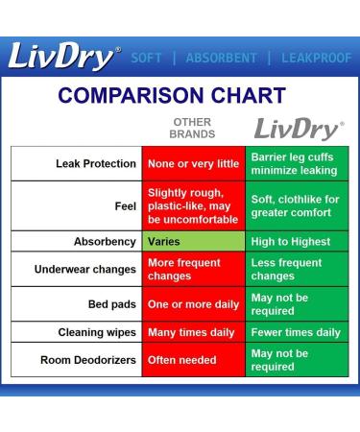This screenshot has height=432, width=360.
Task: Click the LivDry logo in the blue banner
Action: pyautogui.click(x=65, y=58)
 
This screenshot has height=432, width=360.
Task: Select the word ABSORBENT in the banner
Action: pyautogui.click(x=223, y=58)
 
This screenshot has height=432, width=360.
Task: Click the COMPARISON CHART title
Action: pyautogui.click(x=172, y=95)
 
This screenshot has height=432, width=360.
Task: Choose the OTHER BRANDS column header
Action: pyautogui.click(x=192, y=129)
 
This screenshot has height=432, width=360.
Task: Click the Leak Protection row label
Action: pyautogui.click(x=96, y=164)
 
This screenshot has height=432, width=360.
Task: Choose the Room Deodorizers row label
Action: pyautogui.click(x=88, y=360)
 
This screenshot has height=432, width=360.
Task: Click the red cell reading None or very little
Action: pyautogui.click(x=193, y=164)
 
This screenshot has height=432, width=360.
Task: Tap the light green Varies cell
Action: pyautogui.click(x=193, y=241)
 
